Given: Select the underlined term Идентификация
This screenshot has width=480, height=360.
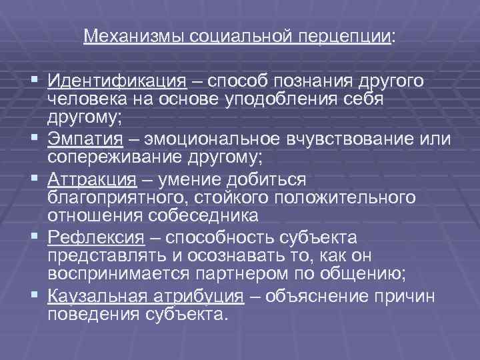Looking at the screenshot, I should (117, 81).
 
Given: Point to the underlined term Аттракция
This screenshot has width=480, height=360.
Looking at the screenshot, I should (92, 179).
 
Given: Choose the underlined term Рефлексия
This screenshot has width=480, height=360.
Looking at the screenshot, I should (96, 237).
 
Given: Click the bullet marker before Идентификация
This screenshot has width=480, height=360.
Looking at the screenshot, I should (34, 81).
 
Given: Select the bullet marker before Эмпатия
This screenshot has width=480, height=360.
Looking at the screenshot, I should (34, 139).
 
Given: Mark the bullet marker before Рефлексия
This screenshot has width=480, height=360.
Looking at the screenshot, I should (34, 237).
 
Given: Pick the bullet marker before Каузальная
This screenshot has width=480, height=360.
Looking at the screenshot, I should (34, 295).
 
